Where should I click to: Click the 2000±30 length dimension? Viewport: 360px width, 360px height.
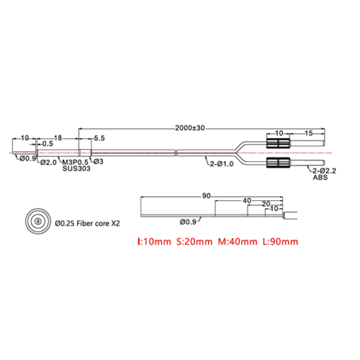pyautogui.click(x=190, y=128)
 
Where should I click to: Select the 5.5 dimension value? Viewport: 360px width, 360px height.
pyautogui.click(x=99, y=138)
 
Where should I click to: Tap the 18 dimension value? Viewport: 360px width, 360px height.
pyautogui.click(x=58, y=138)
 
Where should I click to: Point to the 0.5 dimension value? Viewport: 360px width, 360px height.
pyautogui.click(x=48, y=144)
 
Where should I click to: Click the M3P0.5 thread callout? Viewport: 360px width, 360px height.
pyautogui.click(x=75, y=162)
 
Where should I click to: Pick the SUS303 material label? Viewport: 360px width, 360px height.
pyautogui.click(x=76, y=168)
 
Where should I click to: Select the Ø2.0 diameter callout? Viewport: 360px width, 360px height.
pyautogui.click(x=48, y=163)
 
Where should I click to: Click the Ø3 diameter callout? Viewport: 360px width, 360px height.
pyautogui.click(x=99, y=161)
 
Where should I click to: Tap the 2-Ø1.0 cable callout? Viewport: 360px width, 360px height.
pyautogui.click(x=222, y=164)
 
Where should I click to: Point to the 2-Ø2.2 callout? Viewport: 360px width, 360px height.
pyautogui.click(x=324, y=171)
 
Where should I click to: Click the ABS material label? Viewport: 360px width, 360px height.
pyautogui.click(x=320, y=177)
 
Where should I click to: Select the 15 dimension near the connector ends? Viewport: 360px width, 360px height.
pyautogui.click(x=309, y=133)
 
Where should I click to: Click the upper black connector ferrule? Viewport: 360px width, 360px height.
pyautogui.click(x=279, y=143)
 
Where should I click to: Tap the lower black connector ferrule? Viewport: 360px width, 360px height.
pyautogui.click(x=279, y=163)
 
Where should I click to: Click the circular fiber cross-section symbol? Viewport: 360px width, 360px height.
pyautogui.click(x=38, y=221)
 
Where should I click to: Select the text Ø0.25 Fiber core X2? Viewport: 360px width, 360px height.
pyautogui.click(x=87, y=223)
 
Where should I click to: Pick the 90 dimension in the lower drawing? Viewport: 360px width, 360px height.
pyautogui.click(x=206, y=196)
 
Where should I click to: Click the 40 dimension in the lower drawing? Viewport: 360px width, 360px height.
pyautogui.click(x=247, y=201)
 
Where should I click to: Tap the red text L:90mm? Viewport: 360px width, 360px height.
pyautogui.click(x=280, y=241)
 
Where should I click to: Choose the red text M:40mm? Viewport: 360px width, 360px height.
pyautogui.click(x=238, y=241)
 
